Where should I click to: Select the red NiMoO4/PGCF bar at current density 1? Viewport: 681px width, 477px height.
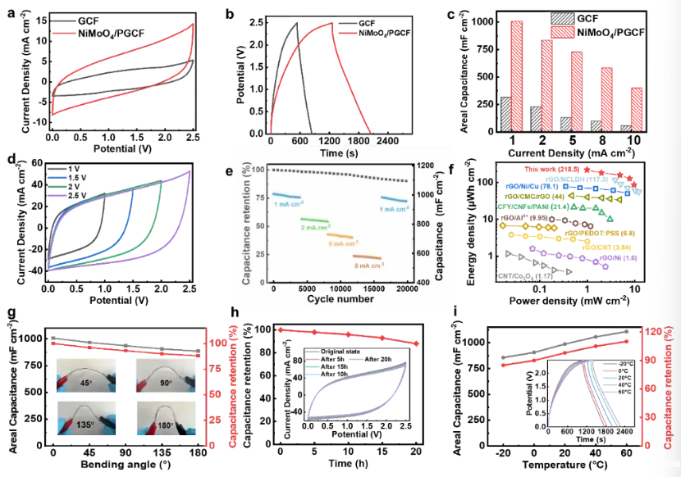[x=516, y=77]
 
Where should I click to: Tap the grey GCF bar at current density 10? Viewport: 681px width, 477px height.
[x=628, y=129]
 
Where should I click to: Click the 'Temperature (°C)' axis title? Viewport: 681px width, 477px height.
[x=566, y=468]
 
